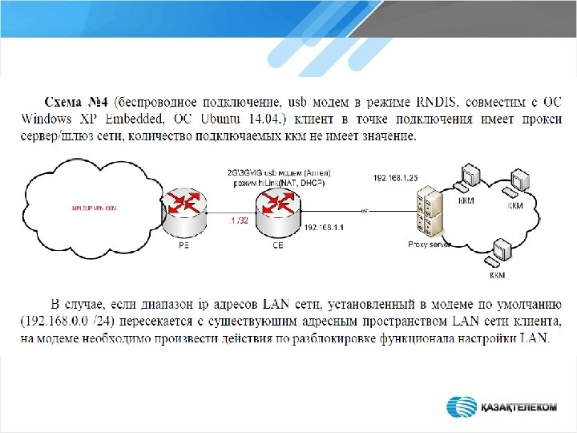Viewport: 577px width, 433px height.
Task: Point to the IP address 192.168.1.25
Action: (x=395, y=176)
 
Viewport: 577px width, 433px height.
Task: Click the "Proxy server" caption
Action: (x=430, y=244)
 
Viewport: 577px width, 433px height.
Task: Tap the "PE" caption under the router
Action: (x=184, y=245)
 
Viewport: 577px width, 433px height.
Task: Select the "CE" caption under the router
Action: (x=277, y=245)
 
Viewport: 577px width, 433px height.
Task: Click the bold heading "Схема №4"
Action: (x=78, y=103)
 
